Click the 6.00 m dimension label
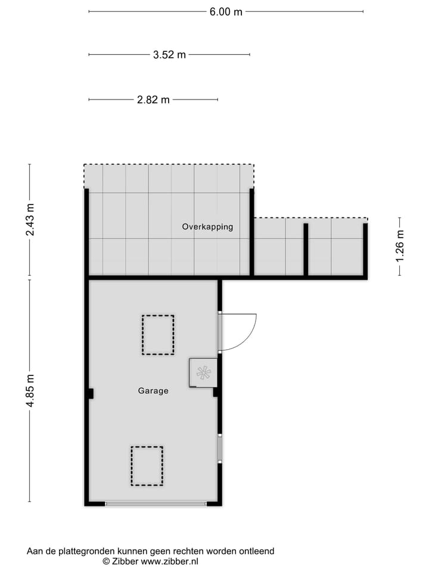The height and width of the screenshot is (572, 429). [x=226, y=11]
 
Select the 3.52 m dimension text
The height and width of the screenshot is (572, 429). [x=169, y=55]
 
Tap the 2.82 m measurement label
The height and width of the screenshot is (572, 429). [x=153, y=100]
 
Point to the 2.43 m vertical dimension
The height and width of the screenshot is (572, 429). [x=30, y=220]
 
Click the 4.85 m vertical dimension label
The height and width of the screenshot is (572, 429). [x=30, y=391]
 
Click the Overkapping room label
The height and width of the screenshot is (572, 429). [x=207, y=227]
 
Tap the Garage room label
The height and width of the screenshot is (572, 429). [x=153, y=391]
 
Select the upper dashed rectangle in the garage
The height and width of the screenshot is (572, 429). [x=158, y=335]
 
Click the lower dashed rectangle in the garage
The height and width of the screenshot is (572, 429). [x=147, y=465]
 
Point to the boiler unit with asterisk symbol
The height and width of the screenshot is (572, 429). [x=203, y=373]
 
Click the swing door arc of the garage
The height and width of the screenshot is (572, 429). [x=241, y=334]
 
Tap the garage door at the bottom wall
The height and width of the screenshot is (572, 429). [x=156, y=504]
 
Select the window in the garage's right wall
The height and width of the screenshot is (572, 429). [x=219, y=449]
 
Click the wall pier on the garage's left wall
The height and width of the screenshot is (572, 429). [x=91, y=393]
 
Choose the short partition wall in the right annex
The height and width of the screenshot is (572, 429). [x=306, y=249]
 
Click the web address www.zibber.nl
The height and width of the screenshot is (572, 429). [x=169, y=561]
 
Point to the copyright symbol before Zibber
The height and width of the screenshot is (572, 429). [x=106, y=561]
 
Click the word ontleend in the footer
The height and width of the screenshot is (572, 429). [x=257, y=552]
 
